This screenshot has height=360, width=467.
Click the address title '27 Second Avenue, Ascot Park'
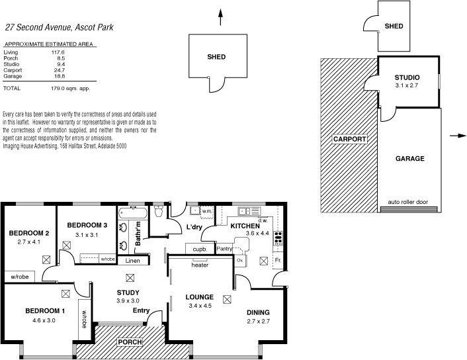60,27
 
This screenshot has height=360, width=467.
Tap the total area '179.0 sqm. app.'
71,88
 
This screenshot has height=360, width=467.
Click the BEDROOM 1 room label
45,311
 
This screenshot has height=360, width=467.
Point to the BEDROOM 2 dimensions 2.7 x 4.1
29,242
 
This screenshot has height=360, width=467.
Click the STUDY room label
128,292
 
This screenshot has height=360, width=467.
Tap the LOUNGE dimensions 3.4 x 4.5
199,306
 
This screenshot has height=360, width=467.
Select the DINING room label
258,312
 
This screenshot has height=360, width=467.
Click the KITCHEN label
245,226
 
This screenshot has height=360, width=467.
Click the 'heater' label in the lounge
200,265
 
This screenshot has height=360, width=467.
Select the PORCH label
130,341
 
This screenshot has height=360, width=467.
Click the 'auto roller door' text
409,202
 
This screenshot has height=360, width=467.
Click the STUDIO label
407,77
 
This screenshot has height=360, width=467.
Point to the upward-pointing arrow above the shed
221,18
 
